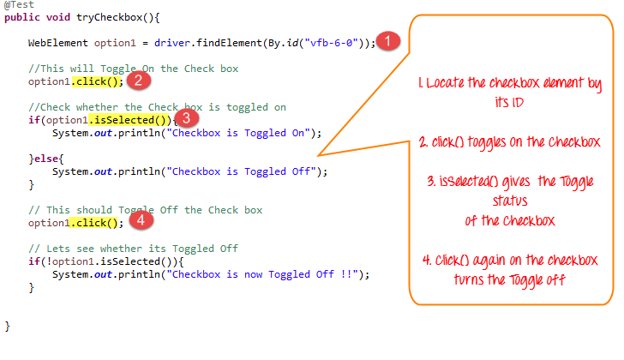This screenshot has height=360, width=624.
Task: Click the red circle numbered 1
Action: [x=388, y=41]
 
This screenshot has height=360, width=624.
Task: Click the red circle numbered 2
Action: [x=139, y=81]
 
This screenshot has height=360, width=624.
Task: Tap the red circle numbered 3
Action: [x=186, y=118]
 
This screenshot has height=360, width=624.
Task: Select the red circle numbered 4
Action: [x=141, y=220]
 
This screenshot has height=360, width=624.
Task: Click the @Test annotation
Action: [x=19, y=5]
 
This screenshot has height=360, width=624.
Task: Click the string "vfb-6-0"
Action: [x=332, y=43]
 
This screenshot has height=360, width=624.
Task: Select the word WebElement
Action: [x=58, y=43]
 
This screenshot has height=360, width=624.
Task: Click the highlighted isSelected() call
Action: [x=129, y=120]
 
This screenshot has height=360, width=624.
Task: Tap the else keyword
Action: [x=46, y=159]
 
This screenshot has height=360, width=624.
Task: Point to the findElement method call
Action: [x=229, y=43]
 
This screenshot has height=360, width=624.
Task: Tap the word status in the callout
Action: [x=510, y=201]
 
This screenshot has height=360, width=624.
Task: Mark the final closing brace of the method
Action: [x=7, y=327]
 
